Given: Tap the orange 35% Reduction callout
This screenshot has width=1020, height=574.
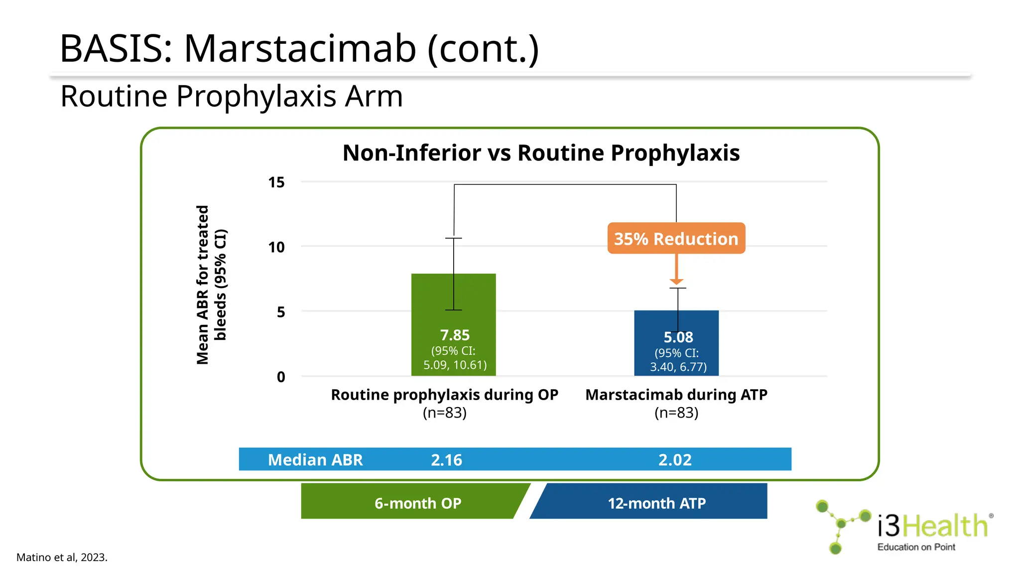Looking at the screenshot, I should [x=676, y=239].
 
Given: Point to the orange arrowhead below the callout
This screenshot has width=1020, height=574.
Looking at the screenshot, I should [x=676, y=281].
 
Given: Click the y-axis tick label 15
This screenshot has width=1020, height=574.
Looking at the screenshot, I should [x=276, y=182].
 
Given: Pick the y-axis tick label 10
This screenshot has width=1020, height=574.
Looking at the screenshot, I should [x=276, y=247].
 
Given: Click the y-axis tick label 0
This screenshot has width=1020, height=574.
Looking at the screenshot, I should [x=281, y=377].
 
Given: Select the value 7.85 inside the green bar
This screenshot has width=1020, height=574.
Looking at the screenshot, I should [x=455, y=335].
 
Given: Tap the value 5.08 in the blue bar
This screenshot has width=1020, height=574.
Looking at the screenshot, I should [x=678, y=337].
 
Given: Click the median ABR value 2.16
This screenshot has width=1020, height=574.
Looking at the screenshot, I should [x=446, y=459].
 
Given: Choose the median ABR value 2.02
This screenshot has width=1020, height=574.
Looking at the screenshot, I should [x=675, y=459].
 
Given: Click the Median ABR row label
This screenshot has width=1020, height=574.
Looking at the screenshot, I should [x=315, y=459].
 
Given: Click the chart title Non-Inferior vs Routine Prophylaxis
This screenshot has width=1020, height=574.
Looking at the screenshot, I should [x=541, y=153].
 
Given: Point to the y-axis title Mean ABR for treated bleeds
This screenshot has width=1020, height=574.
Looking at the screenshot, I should [x=211, y=285].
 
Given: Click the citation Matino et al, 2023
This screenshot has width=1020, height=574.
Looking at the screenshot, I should [x=62, y=557].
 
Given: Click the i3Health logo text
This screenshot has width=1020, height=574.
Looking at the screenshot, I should [x=932, y=526].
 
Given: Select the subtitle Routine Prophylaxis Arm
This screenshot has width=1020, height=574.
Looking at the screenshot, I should [x=231, y=96].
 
